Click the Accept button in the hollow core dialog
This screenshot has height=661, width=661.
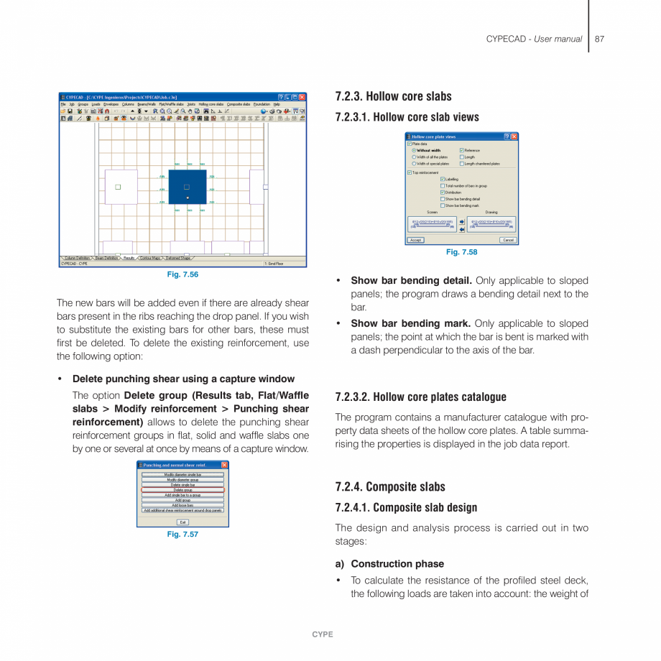[x=416, y=240]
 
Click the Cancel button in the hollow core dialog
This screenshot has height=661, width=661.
[x=507, y=240]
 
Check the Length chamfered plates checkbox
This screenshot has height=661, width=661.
[x=462, y=164]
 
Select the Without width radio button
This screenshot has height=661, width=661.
[x=414, y=150]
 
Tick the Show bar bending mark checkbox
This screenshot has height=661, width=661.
[x=443, y=205]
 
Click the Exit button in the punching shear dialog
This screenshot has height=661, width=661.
[x=182, y=522]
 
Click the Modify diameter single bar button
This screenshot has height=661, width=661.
[x=182, y=475]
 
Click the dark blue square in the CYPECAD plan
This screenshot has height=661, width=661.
[x=188, y=187]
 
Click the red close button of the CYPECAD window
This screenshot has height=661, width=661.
[x=302, y=97]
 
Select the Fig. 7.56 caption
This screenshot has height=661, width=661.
[x=182, y=274]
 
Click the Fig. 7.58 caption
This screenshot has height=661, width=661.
[x=461, y=252]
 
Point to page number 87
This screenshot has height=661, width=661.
[x=599, y=39]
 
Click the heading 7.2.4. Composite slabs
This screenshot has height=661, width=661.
[x=390, y=486]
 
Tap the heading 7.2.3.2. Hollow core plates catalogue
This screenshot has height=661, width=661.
[x=420, y=397]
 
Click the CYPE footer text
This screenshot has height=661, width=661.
[x=323, y=634]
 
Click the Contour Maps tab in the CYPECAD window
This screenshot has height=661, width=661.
[x=150, y=258]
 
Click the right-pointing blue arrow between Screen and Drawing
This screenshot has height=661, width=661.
[x=462, y=223]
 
